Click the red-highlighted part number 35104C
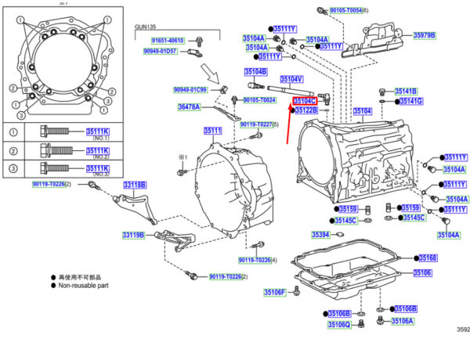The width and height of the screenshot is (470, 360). pos(304,101)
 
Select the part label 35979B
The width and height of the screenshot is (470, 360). pos(424,35)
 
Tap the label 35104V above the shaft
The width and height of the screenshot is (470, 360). pos(291,79)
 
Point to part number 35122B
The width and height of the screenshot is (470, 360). pos(306,111)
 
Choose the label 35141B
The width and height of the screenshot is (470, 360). pos(406,92)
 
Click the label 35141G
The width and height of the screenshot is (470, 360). pos(410,102)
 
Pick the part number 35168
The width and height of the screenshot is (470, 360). pos(428,258)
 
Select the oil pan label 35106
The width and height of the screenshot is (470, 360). pos(422,272)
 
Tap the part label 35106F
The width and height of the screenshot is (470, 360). pos(273,292)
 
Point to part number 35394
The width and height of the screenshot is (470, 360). pos(320,235)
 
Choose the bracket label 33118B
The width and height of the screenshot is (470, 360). pos(134,185)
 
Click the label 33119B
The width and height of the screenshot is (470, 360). pos(132,235)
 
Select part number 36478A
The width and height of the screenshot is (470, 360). pos(189,106)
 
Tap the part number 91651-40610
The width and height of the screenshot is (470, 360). pos(167,40)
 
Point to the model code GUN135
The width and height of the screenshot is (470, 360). pos(146,27)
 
